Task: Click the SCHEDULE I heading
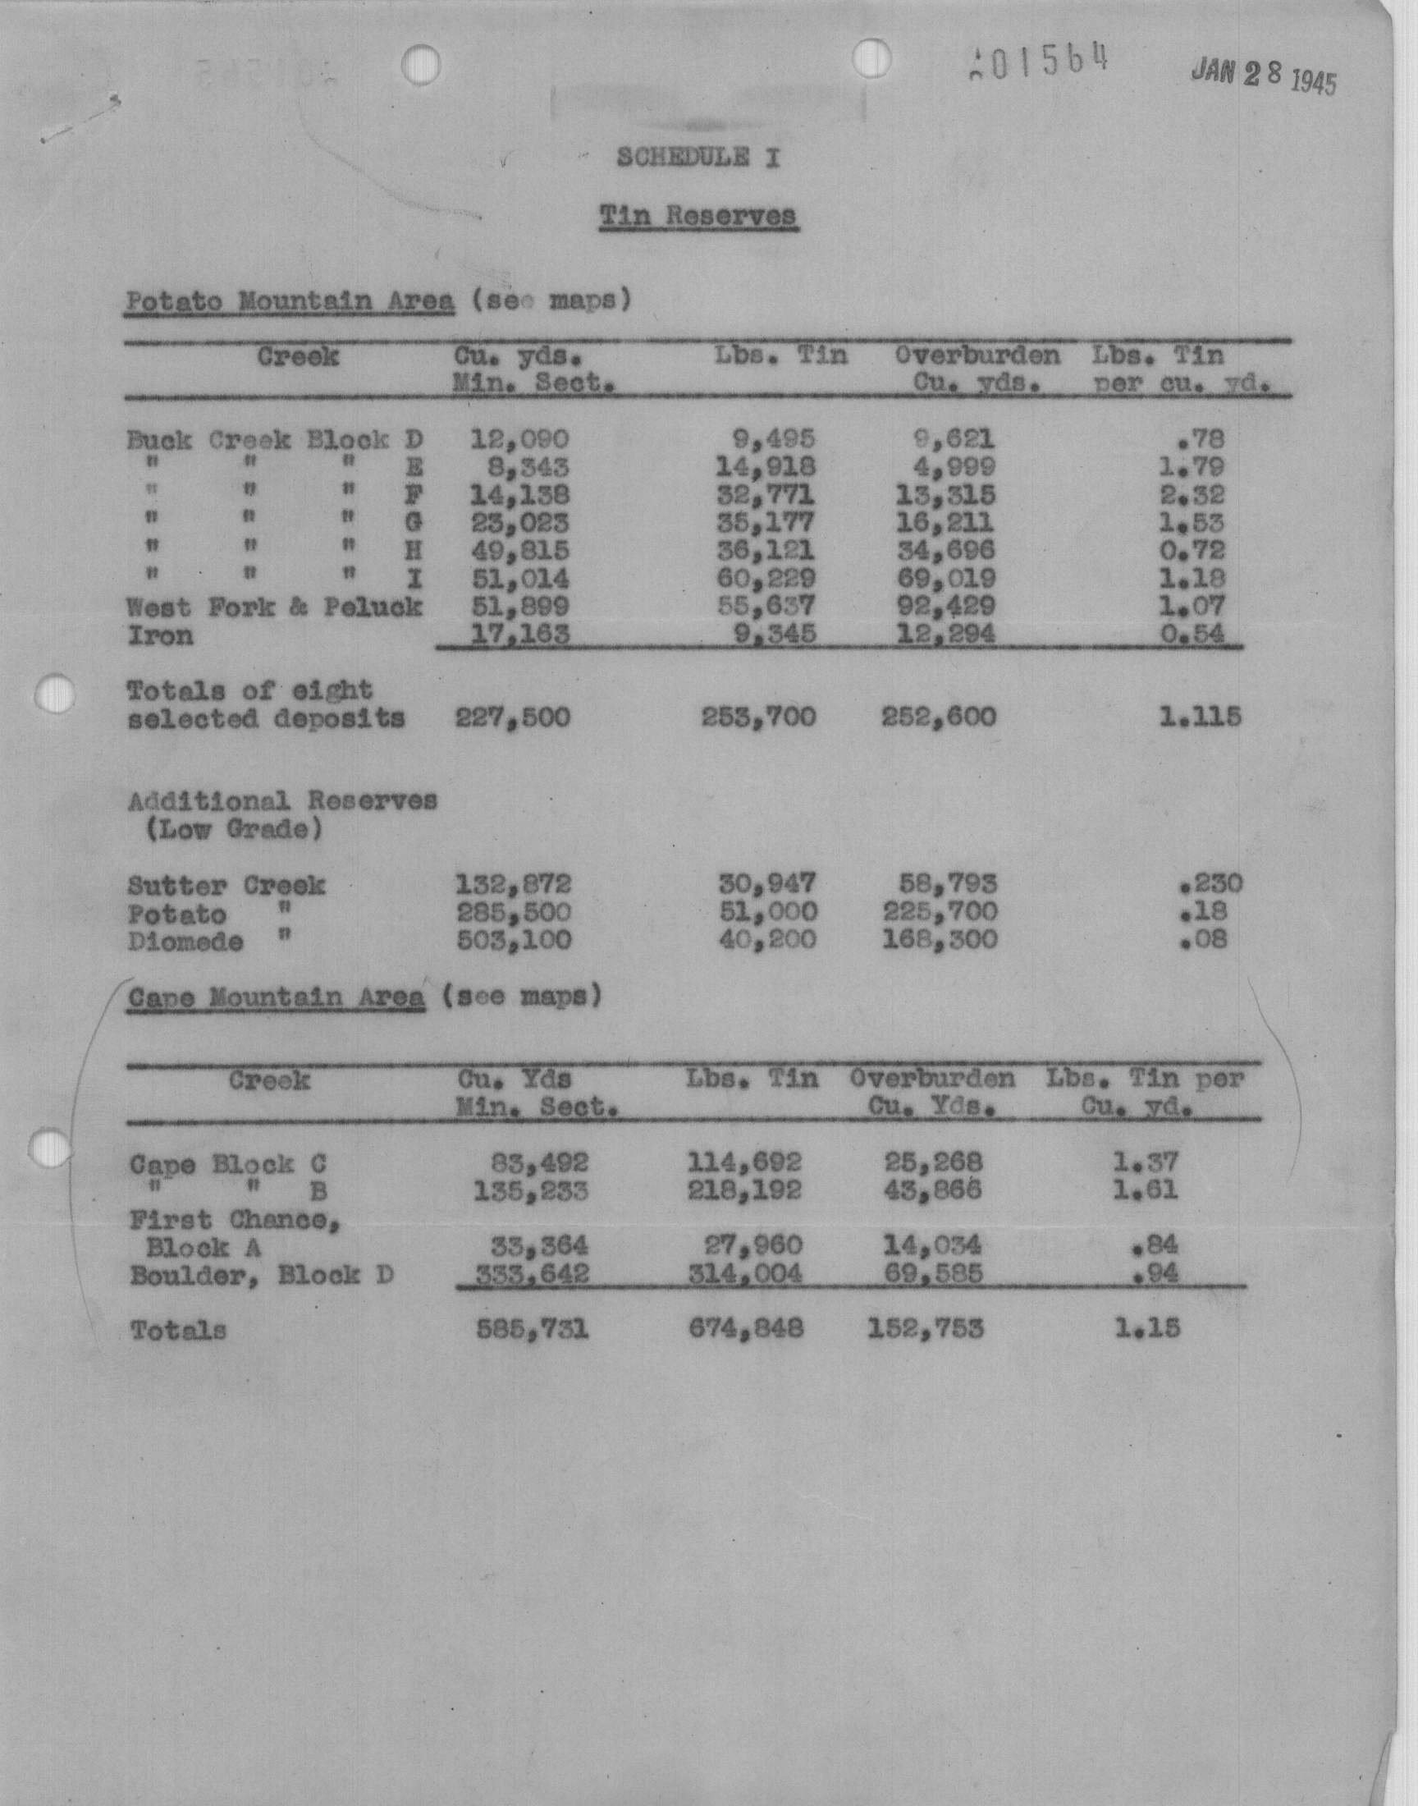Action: tap(698, 158)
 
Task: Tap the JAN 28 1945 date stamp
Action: tap(1263, 77)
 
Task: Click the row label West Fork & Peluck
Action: tap(274, 607)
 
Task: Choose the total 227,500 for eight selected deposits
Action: tap(513, 717)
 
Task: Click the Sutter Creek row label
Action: tap(226, 885)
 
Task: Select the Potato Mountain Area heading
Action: tap(290, 300)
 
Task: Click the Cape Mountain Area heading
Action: tap(277, 997)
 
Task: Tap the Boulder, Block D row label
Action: tap(262, 1275)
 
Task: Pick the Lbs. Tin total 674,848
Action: tap(746, 1329)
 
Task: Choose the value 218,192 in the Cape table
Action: tap(745, 1190)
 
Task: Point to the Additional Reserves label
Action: tap(282, 801)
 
